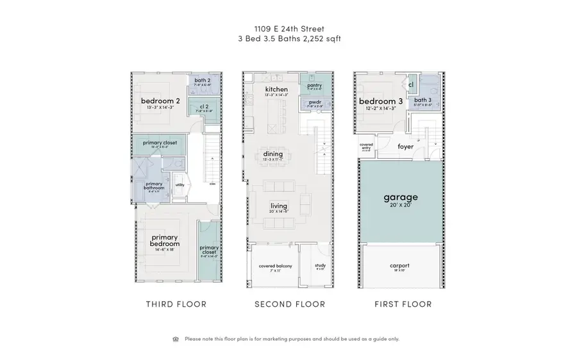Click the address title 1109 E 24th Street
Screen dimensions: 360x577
[288, 28]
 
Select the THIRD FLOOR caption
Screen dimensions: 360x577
[176, 304]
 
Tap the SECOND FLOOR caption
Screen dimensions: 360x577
[289, 304]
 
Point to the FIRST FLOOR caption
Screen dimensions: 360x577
[403, 304]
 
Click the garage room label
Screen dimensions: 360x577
[400, 197]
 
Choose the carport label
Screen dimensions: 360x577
[399, 265]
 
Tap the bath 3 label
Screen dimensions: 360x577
[422, 100]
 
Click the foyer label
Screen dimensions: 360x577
[405, 147]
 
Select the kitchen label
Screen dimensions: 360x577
[276, 88]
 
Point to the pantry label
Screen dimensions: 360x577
[314, 85]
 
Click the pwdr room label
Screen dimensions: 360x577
[314, 101]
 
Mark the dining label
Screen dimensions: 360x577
[272, 153]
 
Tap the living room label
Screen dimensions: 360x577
[278, 206]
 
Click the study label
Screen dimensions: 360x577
[320, 265]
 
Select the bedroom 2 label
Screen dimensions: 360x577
[160, 101]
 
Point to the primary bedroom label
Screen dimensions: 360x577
[165, 240]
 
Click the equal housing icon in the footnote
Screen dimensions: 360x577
[176, 339]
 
